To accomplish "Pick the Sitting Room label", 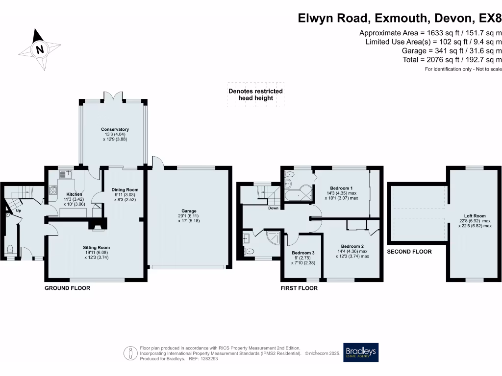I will pos(96,248).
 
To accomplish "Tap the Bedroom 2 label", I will pos(352,246).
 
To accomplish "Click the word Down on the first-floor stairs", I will pos(274,208).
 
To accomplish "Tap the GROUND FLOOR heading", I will pos(67,288).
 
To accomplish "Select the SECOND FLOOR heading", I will pos(409,252).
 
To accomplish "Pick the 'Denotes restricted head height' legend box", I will pos(255,94).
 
